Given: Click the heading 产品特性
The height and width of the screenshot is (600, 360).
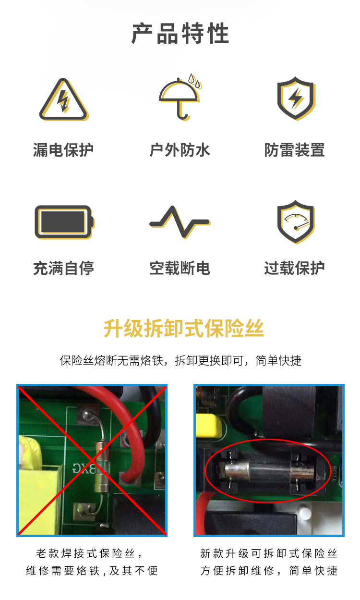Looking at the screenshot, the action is pyautogui.click(x=180, y=33).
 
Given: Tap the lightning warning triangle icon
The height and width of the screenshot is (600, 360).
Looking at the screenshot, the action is pyautogui.click(x=64, y=99).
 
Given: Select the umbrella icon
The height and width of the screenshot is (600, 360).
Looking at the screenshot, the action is pyautogui.click(x=180, y=97).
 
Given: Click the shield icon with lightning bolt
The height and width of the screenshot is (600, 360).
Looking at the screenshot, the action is pyautogui.click(x=296, y=98).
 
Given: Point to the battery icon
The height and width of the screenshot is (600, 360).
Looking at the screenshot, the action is pyautogui.click(x=64, y=222).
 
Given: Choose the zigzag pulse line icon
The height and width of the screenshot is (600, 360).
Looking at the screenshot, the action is pyautogui.click(x=180, y=222).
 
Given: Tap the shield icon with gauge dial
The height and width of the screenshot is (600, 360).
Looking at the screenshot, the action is pyautogui.click(x=296, y=222).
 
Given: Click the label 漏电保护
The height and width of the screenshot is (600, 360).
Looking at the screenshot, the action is pyautogui.click(x=63, y=150).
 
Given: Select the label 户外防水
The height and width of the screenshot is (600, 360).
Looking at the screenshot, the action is pyautogui.click(x=180, y=150).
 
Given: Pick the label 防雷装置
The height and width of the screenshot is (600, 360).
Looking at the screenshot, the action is pyautogui.click(x=294, y=150).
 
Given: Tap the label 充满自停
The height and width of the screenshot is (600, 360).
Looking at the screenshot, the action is pyautogui.click(x=63, y=268).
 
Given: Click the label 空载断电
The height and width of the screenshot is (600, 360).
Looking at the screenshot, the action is pyautogui.click(x=180, y=268).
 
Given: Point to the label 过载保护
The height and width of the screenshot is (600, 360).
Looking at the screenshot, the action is pyautogui.click(x=294, y=268).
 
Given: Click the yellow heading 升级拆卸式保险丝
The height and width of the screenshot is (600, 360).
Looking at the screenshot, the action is pyautogui.click(x=184, y=329).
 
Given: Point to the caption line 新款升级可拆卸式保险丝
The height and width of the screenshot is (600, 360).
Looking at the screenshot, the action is pyautogui.click(x=269, y=553).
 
